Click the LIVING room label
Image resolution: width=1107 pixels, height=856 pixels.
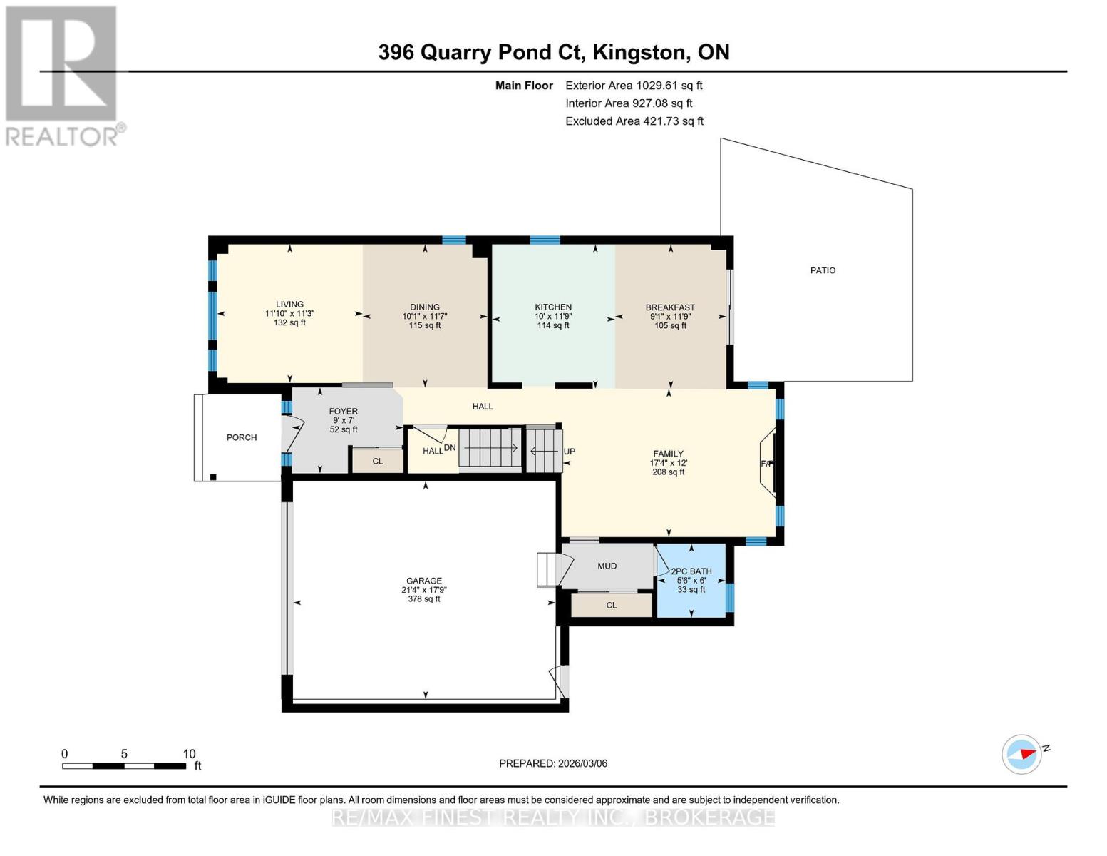click(x=289, y=305)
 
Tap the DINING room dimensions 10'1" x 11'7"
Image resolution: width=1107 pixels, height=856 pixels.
click(x=425, y=317)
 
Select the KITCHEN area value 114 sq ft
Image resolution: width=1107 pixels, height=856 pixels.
click(x=553, y=326)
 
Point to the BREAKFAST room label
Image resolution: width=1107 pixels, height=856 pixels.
click(x=670, y=307)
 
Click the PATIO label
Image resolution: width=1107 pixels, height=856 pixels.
click(x=823, y=270)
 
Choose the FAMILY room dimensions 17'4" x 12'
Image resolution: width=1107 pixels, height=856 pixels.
click(x=668, y=463)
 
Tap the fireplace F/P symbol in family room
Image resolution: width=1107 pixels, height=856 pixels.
click(x=767, y=464)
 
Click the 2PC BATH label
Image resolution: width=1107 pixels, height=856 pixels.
click(x=691, y=571)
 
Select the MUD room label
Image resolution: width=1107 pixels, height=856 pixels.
click(x=607, y=566)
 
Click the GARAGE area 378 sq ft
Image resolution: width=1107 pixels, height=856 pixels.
click(x=424, y=599)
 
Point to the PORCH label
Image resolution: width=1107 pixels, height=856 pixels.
click(x=242, y=437)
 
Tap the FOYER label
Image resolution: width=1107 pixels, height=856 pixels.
click(x=343, y=412)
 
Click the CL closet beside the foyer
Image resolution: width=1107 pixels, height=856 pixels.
click(x=378, y=462)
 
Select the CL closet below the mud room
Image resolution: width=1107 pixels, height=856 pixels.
click(x=611, y=606)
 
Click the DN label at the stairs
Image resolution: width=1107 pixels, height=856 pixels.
click(x=450, y=448)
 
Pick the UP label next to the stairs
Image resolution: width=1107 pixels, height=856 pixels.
click(x=569, y=452)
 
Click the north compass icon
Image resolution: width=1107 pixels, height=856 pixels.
click(x=1022, y=754)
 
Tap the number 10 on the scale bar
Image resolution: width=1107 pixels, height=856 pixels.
click(x=189, y=754)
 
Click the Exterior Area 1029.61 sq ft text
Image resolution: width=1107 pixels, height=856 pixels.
click(x=634, y=86)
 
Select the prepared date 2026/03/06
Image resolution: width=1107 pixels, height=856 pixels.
click(x=552, y=763)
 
